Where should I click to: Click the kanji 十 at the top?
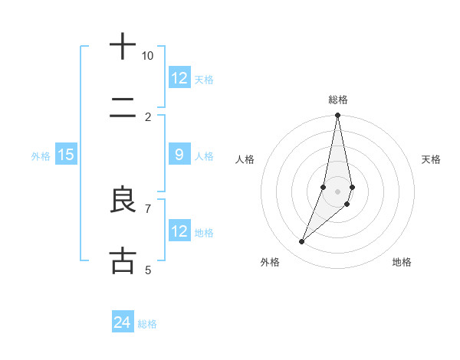pos(122,47)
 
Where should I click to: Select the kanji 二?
pos(122,110)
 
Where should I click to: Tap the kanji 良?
pos(122,200)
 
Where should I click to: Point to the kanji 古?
pos(122,260)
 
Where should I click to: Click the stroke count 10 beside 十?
pos(148,56)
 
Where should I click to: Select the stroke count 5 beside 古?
pos(148,270)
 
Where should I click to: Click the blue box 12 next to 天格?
pos(179,78)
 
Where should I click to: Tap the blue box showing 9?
pos(179,155)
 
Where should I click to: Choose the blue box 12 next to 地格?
pos(179,231)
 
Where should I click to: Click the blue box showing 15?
pos(66,155)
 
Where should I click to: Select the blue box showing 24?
pos(123,322)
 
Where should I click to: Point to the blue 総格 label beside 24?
pos(148,324)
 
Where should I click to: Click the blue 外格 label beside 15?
pos(41,156)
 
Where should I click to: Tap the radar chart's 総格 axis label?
pos(338,100)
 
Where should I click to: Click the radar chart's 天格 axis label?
pos(432,159)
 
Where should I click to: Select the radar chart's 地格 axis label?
pos(402,262)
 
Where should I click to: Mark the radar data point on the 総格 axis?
pos(337,116)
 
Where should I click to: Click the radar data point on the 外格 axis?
pos(301,242)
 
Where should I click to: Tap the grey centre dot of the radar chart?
pos(337,191)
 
